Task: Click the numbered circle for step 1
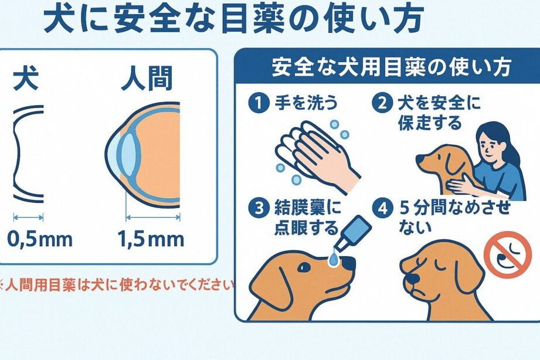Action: coord(259,103)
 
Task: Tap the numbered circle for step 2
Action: coord(382,103)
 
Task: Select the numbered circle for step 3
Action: coord(259,208)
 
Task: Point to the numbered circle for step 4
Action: coord(382,208)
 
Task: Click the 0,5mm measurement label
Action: coord(40,239)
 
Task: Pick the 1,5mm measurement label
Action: coord(151,239)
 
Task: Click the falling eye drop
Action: coord(334,258)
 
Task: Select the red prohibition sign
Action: coord(507,254)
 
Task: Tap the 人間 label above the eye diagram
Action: coord(147,80)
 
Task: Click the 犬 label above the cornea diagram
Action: coord(26,80)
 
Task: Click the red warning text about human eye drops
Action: coord(117,286)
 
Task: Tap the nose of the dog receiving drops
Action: coord(348,264)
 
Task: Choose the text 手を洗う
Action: coord(306,103)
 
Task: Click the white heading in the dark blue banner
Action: coord(390,67)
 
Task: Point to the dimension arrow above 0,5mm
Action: coord(29,217)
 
